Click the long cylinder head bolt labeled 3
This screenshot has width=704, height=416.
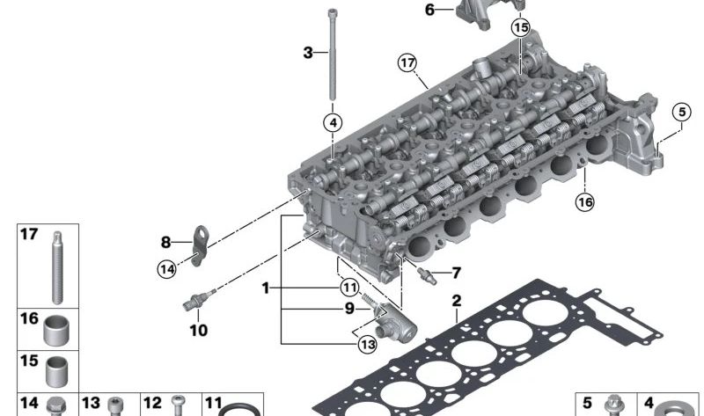[x=333, y=54]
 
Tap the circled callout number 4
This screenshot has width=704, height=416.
[x=333, y=122]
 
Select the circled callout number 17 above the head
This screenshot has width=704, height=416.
[x=407, y=62]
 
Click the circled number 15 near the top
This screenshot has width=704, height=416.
[x=520, y=28]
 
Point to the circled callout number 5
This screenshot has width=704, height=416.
[x=681, y=113]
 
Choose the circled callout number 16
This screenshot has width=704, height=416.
[x=584, y=202]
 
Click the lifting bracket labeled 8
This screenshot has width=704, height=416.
[x=200, y=245]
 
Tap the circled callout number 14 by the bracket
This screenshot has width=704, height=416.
[x=166, y=269]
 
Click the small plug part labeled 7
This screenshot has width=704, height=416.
[x=427, y=275]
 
